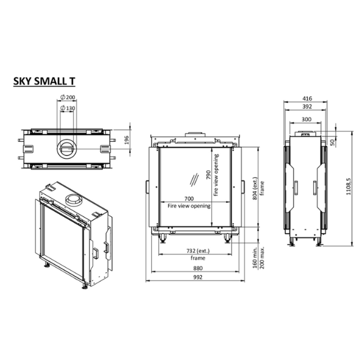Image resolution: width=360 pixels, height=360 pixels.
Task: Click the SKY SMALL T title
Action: click(44, 82)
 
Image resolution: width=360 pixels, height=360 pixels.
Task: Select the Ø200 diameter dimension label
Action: click(68, 97)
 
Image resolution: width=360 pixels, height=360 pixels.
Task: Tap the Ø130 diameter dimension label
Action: click(68, 108)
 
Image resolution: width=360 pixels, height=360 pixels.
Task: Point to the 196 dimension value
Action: click(127, 140)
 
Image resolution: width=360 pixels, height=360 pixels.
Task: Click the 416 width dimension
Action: click(307, 99)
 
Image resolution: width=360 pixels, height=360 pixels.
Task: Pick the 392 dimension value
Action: click(307, 107)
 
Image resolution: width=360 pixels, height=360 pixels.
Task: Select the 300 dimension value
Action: click(306, 119)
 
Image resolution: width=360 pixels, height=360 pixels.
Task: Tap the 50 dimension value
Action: click(333, 143)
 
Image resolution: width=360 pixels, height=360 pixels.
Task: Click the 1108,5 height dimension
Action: click(348, 186)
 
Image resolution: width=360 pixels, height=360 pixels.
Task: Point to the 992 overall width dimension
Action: click(198, 277)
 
